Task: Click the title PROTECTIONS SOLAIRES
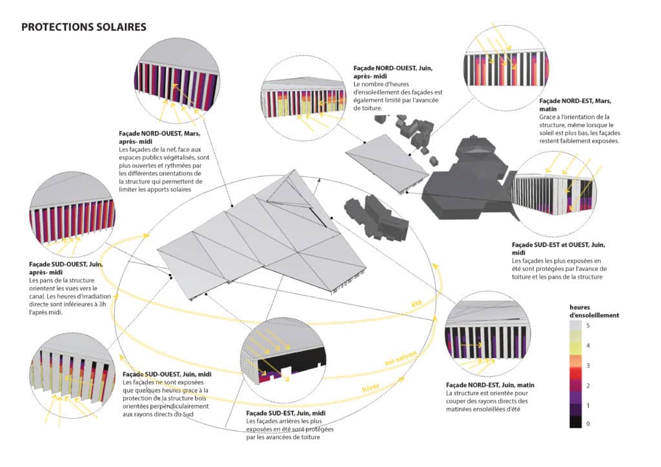[x=84, y=27]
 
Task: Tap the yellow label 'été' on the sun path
[x=418, y=303]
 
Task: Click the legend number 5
[x=587, y=326]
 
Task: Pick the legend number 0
[x=587, y=424]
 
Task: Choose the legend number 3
[x=587, y=366]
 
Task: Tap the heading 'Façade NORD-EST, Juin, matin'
[x=490, y=384]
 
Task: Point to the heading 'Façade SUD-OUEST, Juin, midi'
[x=169, y=374]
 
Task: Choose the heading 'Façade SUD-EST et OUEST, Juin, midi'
[x=558, y=250]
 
